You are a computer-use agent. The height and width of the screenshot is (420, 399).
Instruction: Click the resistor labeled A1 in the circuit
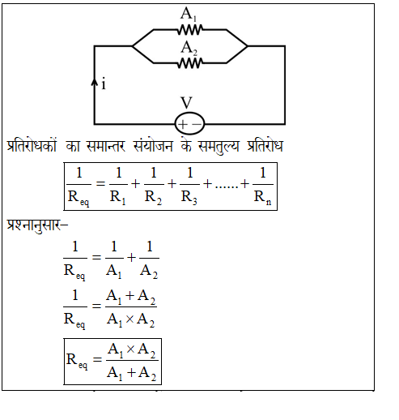tap(190, 30)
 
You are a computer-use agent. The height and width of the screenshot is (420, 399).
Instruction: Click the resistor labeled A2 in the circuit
tap(190, 63)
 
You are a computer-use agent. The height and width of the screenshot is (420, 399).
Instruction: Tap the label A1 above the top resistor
tap(189, 14)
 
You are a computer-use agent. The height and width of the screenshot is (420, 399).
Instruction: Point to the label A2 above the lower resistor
tap(189, 48)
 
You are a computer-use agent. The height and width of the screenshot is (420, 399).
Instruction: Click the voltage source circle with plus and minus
tap(189, 123)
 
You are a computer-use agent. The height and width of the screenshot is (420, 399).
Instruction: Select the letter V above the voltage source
tap(186, 103)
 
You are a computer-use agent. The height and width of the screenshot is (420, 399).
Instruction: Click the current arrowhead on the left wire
tap(94, 82)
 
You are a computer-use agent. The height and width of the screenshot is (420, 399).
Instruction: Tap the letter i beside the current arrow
tap(104, 84)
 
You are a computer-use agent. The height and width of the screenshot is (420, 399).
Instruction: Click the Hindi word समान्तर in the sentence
tap(106, 146)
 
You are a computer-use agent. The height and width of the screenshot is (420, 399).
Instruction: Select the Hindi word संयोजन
tap(153, 146)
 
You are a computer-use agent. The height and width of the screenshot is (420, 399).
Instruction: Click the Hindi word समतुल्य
tap(219, 147)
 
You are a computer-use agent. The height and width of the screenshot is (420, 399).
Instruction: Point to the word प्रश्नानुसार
tap(37, 225)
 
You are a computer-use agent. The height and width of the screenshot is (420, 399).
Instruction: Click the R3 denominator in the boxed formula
tap(189, 198)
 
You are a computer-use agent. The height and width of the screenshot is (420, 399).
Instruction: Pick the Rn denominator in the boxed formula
tap(262, 198)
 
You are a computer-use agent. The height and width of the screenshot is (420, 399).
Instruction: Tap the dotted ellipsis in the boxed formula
tap(227, 187)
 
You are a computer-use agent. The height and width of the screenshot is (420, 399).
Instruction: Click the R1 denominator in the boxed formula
tap(117, 198)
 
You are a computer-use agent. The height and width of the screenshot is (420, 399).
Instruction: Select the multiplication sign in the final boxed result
tap(130, 349)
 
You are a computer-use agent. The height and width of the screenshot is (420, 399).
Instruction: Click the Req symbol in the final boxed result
tap(77, 361)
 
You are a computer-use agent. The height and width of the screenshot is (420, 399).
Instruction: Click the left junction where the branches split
tap(133, 46)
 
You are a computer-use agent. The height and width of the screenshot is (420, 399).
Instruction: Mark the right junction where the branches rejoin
tap(248, 46)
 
